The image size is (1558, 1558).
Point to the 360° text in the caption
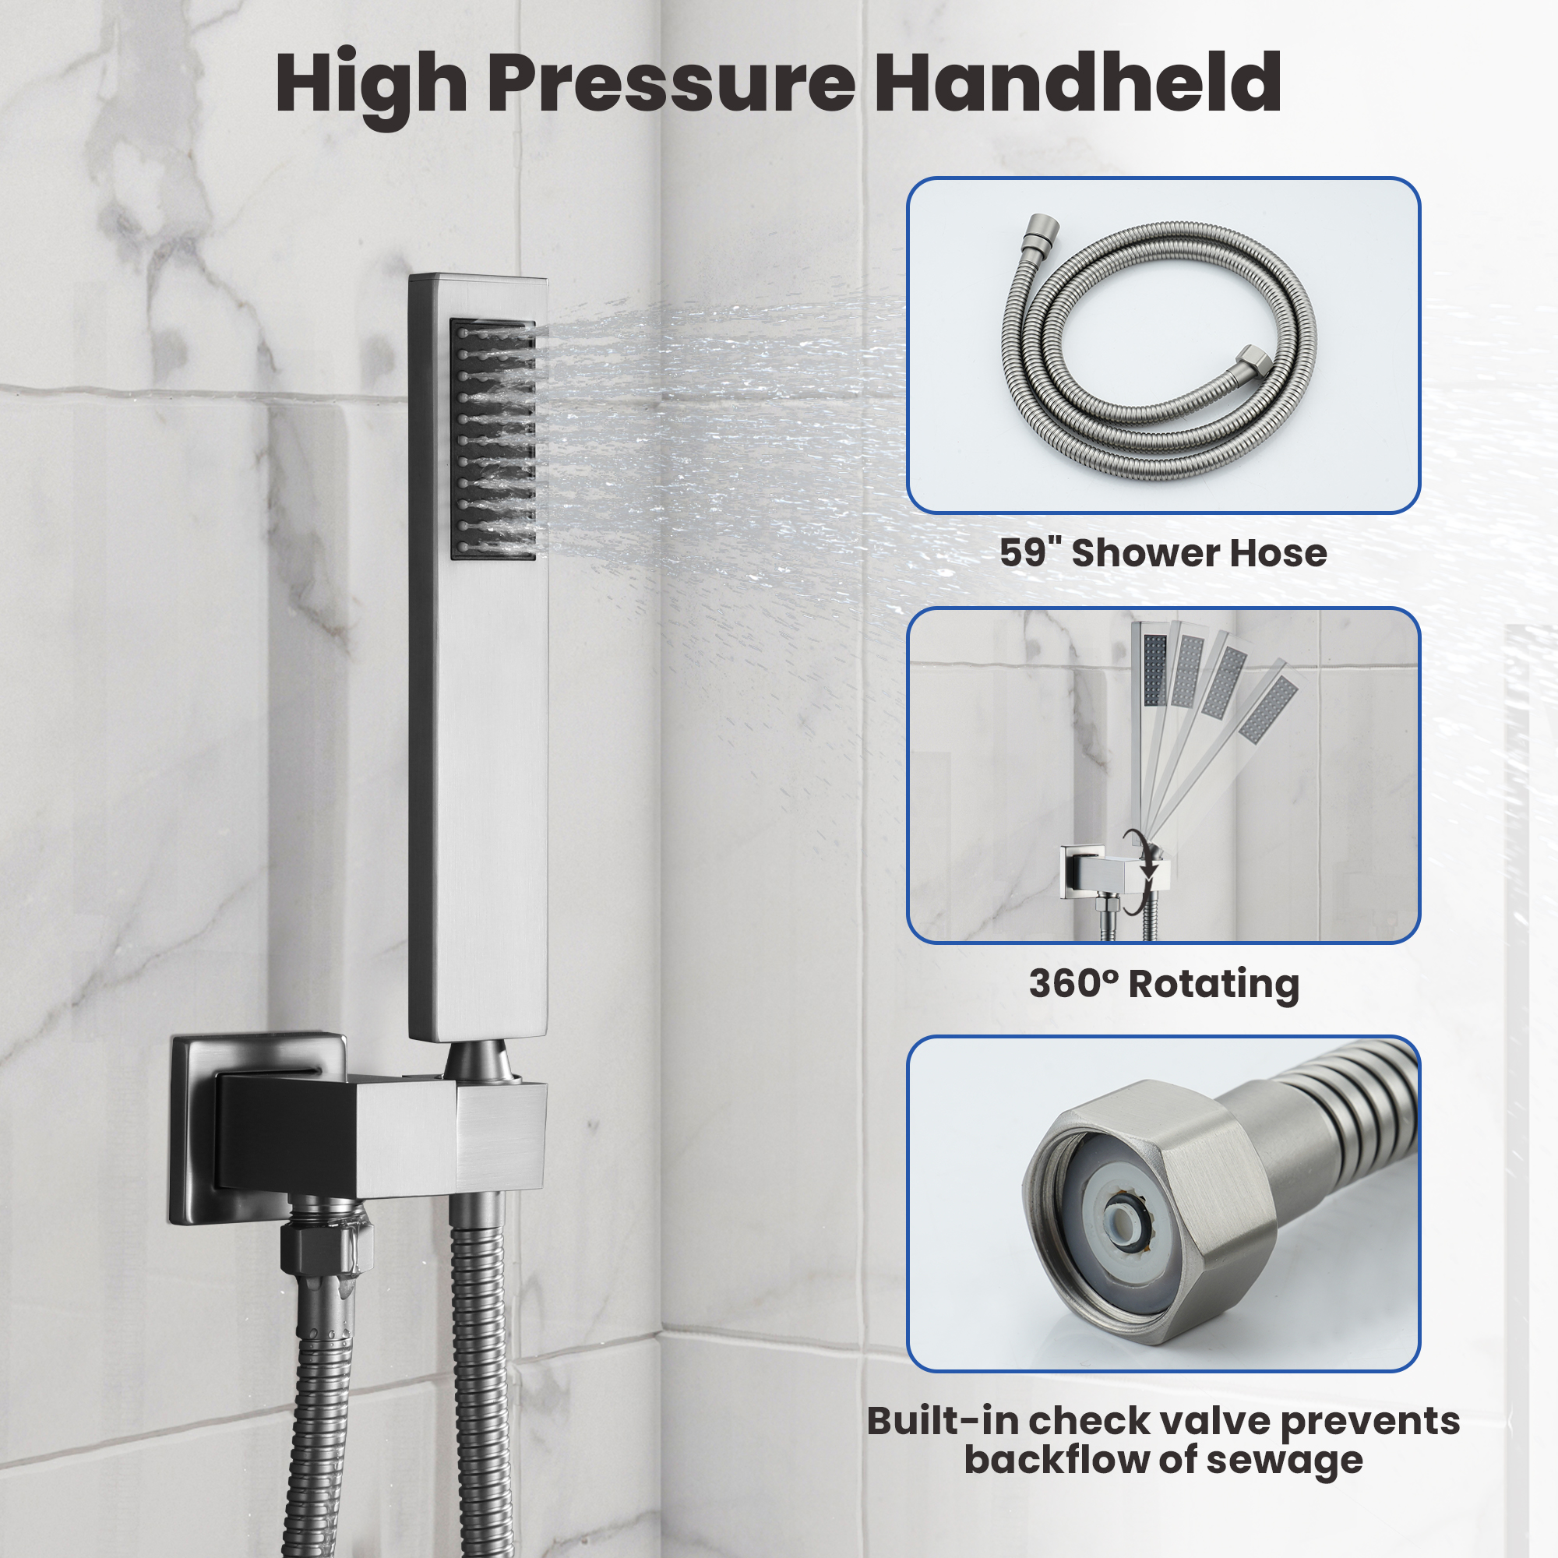(x=1073, y=983)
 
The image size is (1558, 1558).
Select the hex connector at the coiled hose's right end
(x=1253, y=359)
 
